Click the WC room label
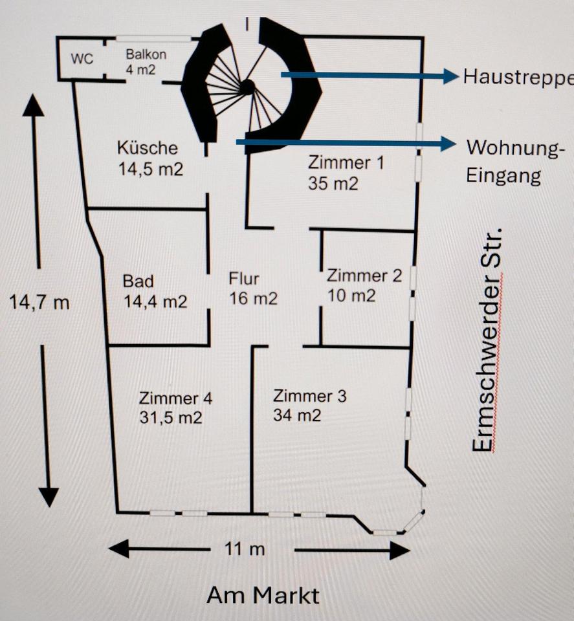(x=82, y=59)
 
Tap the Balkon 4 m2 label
(x=146, y=62)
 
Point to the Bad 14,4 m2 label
(x=155, y=291)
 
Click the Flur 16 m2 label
(x=253, y=289)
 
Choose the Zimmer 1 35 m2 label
(x=346, y=173)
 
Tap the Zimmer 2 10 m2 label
(x=364, y=285)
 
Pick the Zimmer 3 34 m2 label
(x=310, y=405)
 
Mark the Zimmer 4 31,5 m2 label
(x=175, y=408)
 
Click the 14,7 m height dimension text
(x=39, y=301)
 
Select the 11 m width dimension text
(x=244, y=550)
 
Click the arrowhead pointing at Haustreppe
(x=451, y=76)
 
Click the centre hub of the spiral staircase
(x=247, y=87)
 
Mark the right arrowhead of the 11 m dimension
(x=399, y=550)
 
